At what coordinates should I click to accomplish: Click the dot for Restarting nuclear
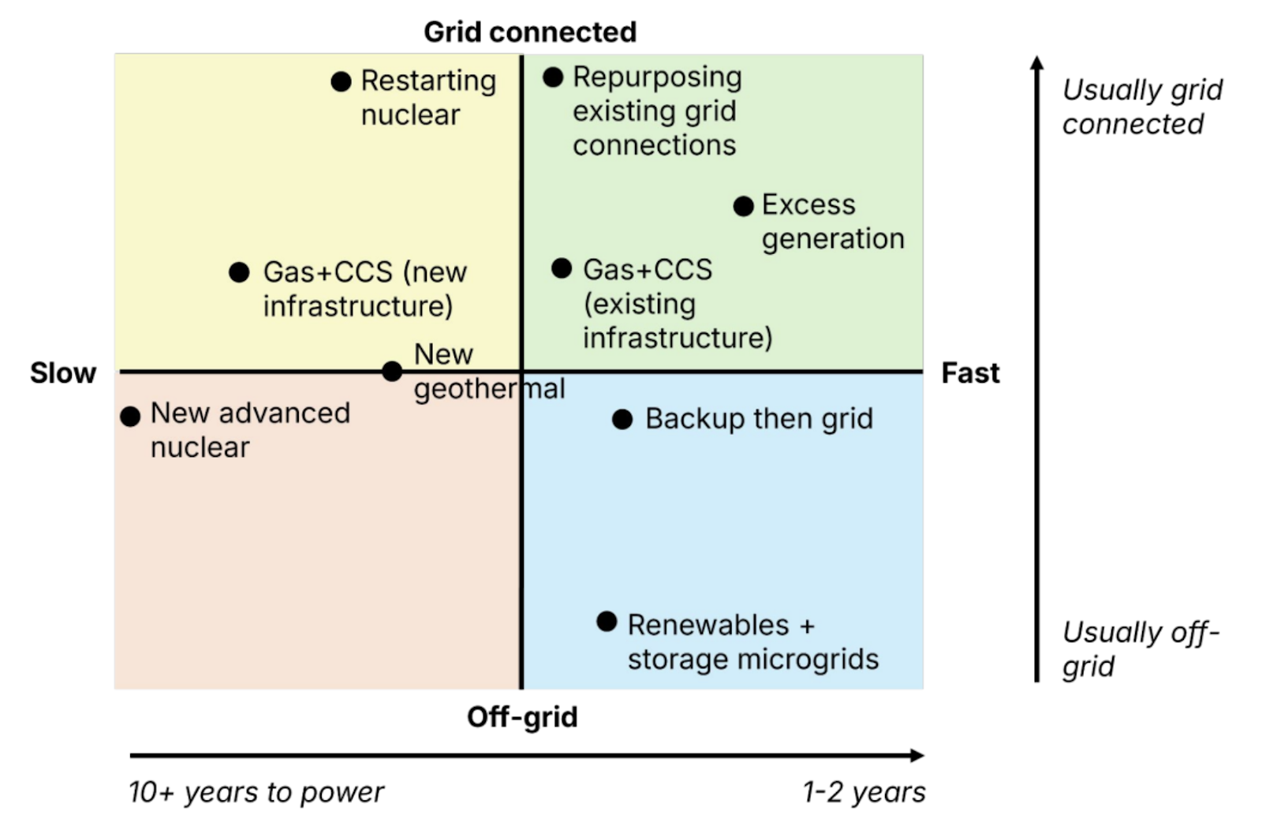[341, 81]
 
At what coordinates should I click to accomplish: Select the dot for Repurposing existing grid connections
[553, 77]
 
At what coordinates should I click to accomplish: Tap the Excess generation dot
[743, 206]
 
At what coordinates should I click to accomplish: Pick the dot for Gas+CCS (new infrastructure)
[239, 272]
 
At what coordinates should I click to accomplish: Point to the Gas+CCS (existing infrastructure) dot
[562, 268]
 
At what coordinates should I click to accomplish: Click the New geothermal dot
[392, 371]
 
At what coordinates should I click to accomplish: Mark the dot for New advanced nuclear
[130, 416]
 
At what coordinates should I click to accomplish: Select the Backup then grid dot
[622, 419]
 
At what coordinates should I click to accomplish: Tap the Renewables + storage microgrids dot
[607, 622]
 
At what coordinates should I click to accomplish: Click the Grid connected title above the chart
[530, 32]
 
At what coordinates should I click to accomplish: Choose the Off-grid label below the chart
[522, 716]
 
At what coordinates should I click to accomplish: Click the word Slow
[63, 372]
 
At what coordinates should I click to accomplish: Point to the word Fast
[970, 372]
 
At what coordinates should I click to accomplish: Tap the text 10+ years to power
[256, 791]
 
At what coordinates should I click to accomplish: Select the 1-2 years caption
[864, 791]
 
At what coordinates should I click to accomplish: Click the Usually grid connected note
[1141, 107]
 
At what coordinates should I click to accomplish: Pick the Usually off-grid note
[1140, 649]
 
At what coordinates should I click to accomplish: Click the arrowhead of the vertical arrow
[1037, 62]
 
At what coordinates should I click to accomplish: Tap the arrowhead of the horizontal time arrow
[917, 755]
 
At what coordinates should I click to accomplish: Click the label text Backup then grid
[759, 419]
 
